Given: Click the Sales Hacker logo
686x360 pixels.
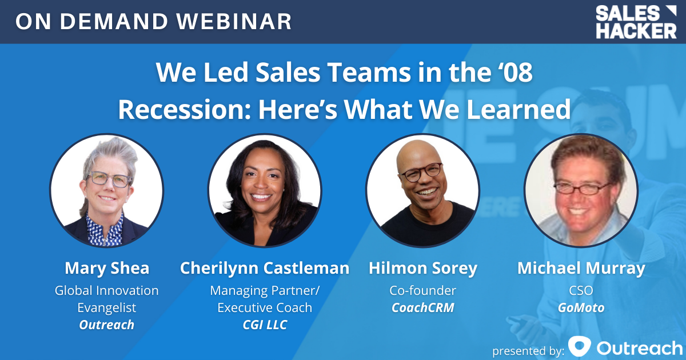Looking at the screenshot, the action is click(636, 22).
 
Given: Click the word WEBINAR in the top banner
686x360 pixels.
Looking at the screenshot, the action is click(234, 22).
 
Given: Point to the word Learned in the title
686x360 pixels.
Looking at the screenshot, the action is click(519, 109).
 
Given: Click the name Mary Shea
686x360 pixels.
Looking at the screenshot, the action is click(107, 269).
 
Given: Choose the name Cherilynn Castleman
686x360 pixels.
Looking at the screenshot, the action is click(265, 268).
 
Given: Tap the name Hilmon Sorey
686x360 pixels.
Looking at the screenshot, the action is click(423, 269).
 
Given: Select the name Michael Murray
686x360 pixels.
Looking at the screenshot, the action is click(581, 269).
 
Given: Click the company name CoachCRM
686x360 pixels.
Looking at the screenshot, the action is click(423, 307).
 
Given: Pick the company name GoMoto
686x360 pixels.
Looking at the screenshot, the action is click(581, 307).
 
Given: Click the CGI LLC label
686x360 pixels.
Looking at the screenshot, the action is click(265, 325).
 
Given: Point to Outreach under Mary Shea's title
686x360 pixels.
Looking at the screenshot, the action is click(107, 325).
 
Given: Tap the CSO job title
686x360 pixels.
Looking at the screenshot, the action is click(581, 290).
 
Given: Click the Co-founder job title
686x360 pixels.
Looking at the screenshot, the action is click(423, 290).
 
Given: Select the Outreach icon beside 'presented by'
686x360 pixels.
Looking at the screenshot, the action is click(580, 346).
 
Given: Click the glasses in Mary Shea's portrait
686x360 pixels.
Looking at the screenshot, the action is click(110, 179).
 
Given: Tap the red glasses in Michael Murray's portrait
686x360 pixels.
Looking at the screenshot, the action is click(582, 188).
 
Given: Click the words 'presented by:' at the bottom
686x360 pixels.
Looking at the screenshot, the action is click(528, 350).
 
